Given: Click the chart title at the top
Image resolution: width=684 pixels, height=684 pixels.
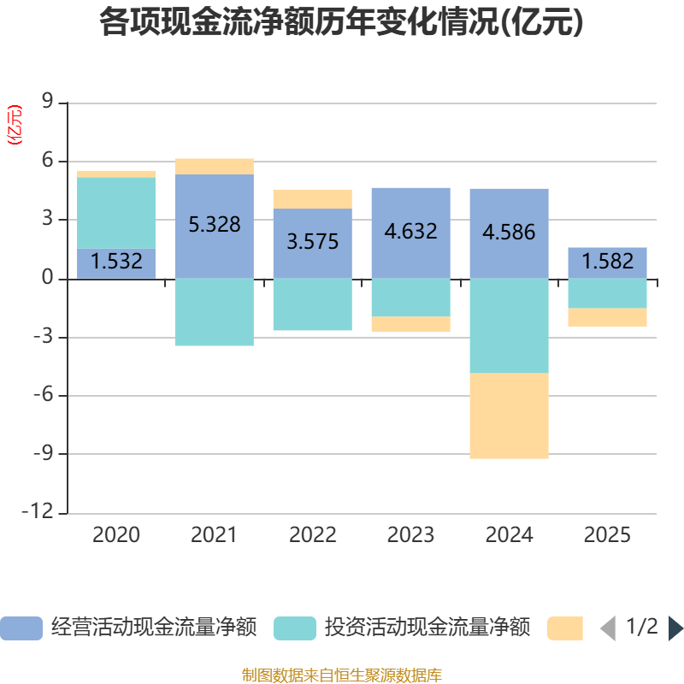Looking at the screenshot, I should [x=341, y=23].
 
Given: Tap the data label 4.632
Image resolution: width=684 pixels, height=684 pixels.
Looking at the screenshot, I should [x=410, y=232].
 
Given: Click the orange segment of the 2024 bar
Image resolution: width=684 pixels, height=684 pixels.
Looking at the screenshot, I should [x=509, y=416].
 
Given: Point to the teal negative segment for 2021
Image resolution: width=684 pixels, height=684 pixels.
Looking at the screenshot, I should [x=214, y=312].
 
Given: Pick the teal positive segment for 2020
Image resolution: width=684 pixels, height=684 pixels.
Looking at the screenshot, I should [x=116, y=213].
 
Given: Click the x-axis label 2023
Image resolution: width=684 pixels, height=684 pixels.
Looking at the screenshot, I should [x=410, y=536].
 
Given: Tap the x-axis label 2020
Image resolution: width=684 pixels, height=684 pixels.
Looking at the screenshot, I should [x=116, y=536].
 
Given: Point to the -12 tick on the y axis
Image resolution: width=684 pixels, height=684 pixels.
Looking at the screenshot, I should [x=41, y=512].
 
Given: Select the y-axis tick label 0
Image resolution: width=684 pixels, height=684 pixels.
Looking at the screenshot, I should [x=48, y=279].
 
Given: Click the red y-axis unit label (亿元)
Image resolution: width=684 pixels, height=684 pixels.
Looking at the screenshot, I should [x=15, y=125].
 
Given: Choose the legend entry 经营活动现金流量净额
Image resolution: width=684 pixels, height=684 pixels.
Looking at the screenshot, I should [x=154, y=628].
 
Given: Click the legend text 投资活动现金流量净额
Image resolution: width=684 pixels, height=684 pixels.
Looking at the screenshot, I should [x=427, y=628].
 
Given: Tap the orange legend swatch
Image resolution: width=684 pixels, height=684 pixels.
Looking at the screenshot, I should [x=565, y=628].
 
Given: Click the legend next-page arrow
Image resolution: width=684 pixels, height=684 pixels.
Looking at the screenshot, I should [x=675, y=628].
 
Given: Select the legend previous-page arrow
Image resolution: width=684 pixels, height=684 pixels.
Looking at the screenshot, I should [x=608, y=628].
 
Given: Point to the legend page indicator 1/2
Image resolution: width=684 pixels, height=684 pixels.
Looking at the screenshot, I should [x=642, y=628].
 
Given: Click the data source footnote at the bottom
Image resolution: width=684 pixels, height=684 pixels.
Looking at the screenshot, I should [x=341, y=675].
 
